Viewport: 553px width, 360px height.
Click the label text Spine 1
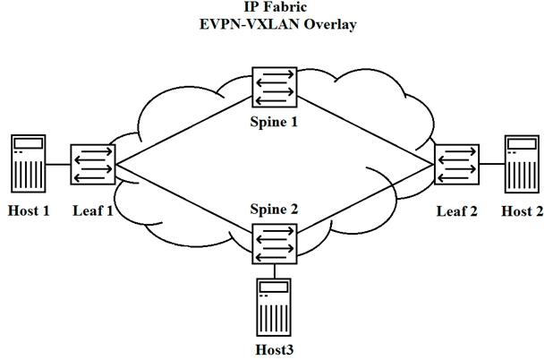(x=274, y=120)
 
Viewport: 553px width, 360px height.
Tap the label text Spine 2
(x=274, y=210)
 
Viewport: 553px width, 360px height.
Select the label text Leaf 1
(x=92, y=211)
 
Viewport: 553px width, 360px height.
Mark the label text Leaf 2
(x=457, y=211)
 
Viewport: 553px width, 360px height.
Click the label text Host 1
(x=30, y=211)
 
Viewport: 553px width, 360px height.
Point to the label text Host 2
(x=522, y=211)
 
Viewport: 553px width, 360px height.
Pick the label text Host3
(x=274, y=348)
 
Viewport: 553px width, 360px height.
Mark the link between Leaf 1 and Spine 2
(x=183, y=202)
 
